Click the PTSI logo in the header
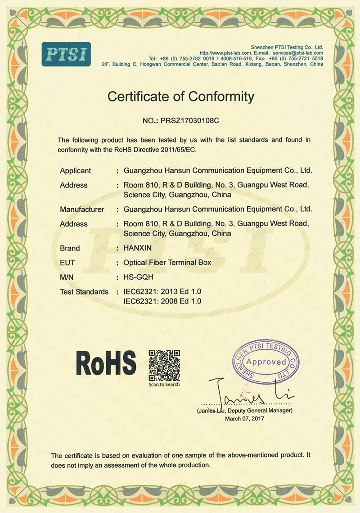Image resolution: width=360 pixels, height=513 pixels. tap(66, 54)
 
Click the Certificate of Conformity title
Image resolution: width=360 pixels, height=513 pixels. tap(180, 96)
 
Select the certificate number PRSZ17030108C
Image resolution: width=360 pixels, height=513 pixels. tap(189, 121)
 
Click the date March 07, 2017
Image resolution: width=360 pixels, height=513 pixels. tap(245, 418)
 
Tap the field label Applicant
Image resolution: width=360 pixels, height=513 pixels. tap(75, 171)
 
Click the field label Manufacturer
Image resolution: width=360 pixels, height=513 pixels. tap(82, 209)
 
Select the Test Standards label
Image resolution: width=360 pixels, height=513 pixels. tap(84, 292)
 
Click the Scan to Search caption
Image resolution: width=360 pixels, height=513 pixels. tap(164, 384)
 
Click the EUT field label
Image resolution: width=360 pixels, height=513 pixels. tap(67, 263)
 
